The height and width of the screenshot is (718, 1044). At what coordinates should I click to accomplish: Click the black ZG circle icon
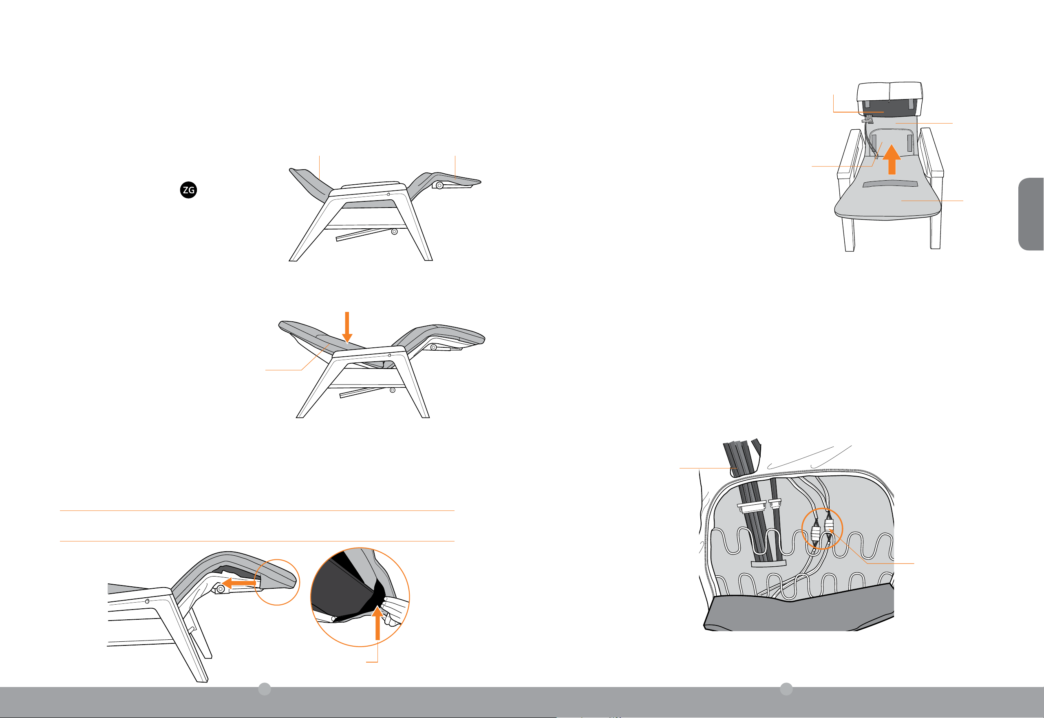[188, 190]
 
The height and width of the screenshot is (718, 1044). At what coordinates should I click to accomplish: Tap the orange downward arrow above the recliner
[347, 327]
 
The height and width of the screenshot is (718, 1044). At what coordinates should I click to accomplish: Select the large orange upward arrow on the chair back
[892, 159]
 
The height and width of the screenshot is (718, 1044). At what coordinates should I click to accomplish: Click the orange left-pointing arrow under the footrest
[239, 583]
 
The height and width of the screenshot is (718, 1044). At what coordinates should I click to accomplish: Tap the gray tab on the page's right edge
[1031, 214]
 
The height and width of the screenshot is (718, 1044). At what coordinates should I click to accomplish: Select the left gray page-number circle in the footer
[265, 689]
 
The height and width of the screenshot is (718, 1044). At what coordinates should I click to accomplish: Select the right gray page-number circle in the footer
[786, 689]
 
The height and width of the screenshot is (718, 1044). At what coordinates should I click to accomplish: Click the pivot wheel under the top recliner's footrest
[439, 186]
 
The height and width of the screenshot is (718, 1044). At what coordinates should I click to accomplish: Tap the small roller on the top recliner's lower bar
[394, 232]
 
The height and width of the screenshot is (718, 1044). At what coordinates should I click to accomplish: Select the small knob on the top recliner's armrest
[388, 194]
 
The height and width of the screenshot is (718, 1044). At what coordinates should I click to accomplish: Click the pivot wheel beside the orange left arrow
[221, 589]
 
